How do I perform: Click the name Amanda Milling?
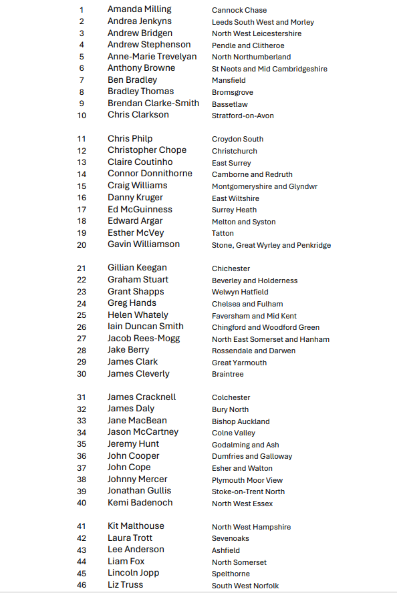tap(139, 9)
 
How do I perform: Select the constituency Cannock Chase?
tap(239, 10)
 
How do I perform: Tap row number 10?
tap(82, 115)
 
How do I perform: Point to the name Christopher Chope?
tap(147, 150)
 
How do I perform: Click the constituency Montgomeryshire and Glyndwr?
tap(265, 186)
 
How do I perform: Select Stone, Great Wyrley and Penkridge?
tap(271, 245)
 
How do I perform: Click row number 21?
tap(82, 268)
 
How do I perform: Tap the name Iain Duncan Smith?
tap(146, 327)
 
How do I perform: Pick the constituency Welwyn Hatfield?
tap(240, 292)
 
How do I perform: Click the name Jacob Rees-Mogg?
tap(144, 338)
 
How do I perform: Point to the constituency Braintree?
tap(228, 374)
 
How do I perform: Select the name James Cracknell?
tap(142, 397)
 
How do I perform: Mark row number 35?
tap(82, 444)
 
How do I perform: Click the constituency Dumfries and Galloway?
tap(252, 456)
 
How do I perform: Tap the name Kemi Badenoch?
tap(140, 502)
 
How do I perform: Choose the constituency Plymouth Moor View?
tap(247, 480)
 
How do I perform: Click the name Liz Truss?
tap(126, 584)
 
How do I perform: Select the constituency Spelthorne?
tap(231, 574)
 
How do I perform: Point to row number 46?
tap(82, 585)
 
